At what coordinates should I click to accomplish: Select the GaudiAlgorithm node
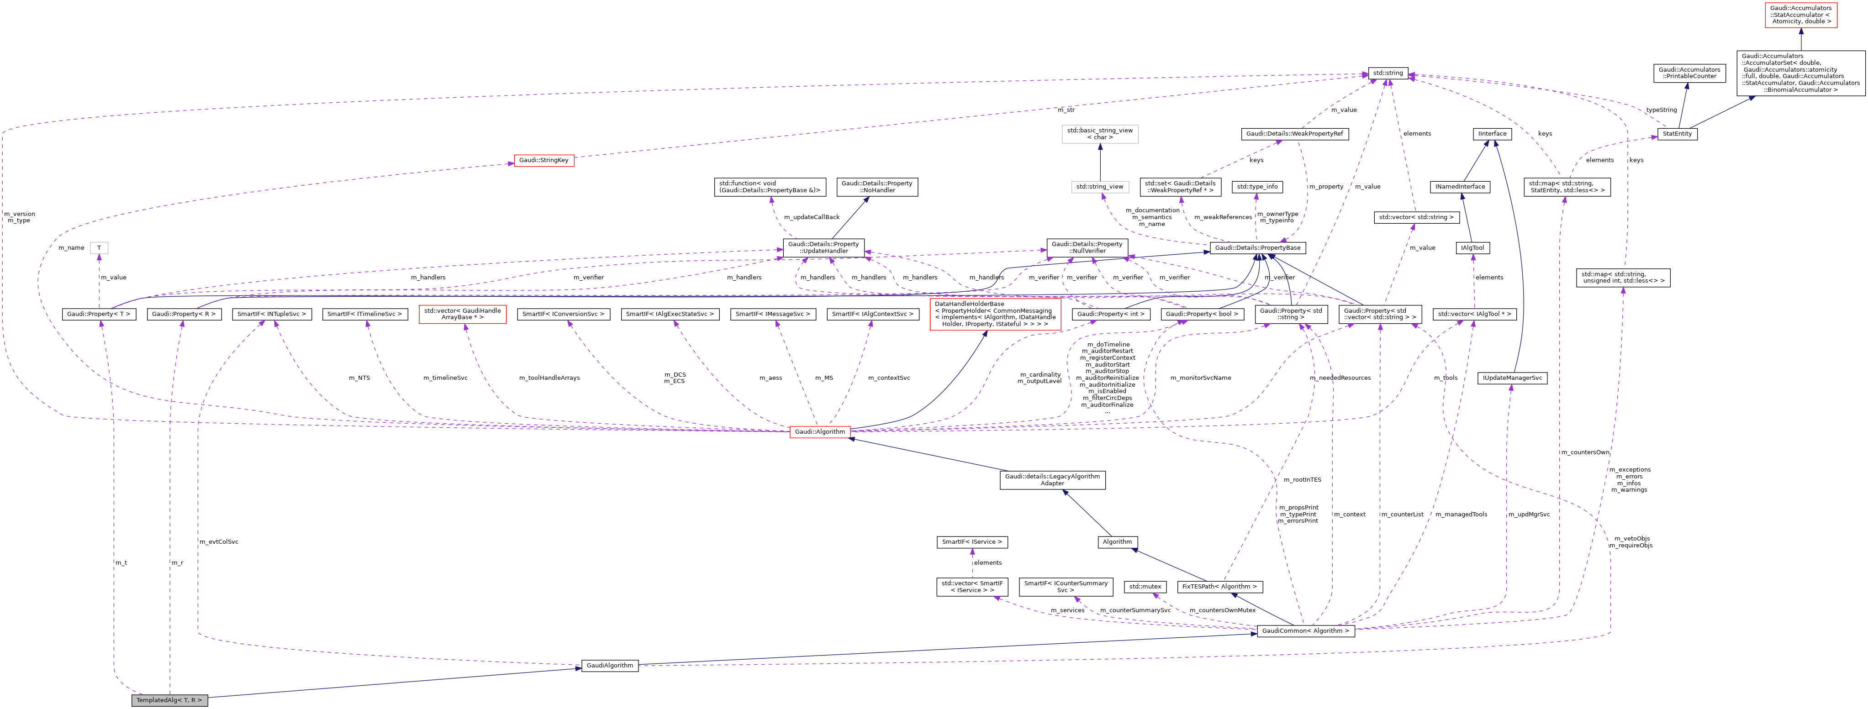(x=609, y=666)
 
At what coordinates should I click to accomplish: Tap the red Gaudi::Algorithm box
(x=819, y=432)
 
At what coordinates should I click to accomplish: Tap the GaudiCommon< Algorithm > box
(x=1305, y=631)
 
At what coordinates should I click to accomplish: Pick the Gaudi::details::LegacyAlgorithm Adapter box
(x=1052, y=480)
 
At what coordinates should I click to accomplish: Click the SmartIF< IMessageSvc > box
(x=773, y=315)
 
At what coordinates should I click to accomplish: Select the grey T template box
(x=100, y=248)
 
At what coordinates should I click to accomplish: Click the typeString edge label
(x=1661, y=110)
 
